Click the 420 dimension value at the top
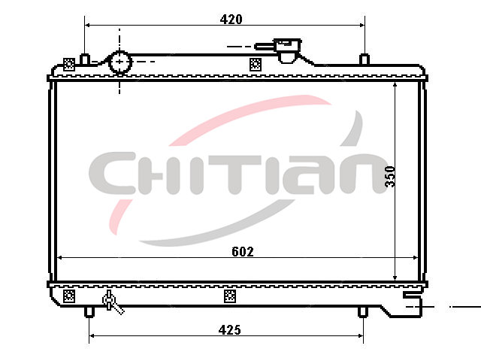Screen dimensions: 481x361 pos(231,20)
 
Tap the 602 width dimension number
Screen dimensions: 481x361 pos(243,252)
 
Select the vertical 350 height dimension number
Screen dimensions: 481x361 pos(390,177)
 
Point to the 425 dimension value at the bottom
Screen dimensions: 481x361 pos(229,330)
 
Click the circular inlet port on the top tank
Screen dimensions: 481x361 pos(120,62)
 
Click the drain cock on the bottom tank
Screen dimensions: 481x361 pos(112,302)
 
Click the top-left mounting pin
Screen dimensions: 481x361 pos(85,59)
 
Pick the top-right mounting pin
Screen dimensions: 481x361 pos(364,59)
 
